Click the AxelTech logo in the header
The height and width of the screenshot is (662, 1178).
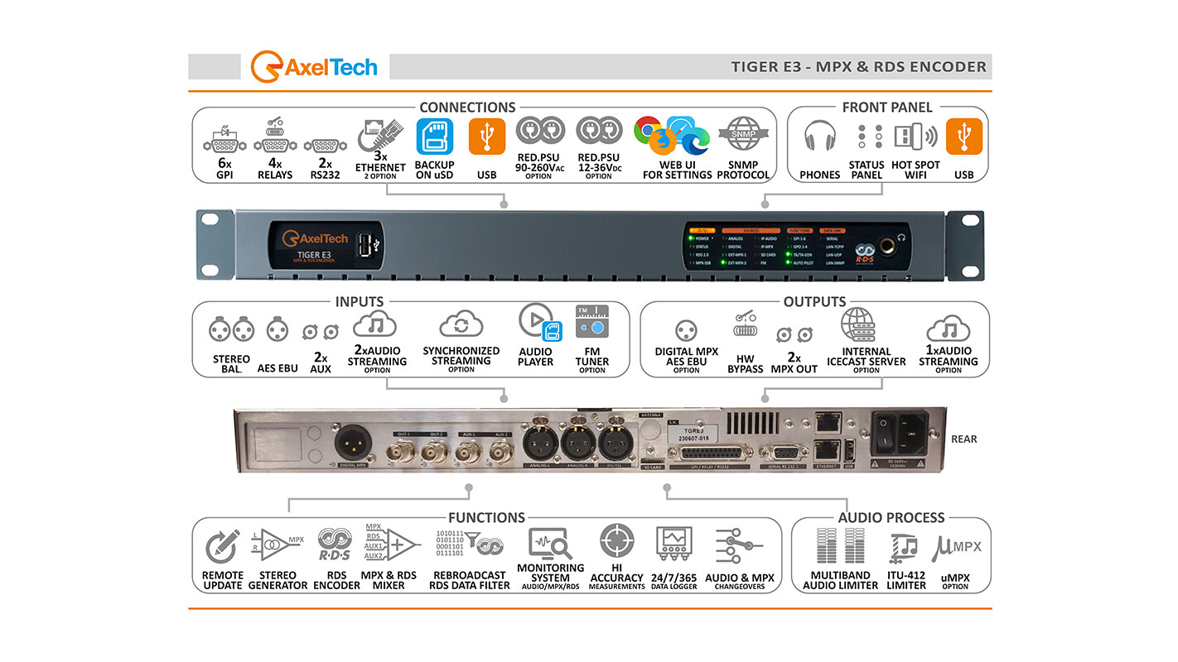(314, 66)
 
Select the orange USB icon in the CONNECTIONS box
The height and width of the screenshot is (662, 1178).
(486, 137)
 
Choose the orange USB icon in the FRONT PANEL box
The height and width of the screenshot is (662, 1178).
(963, 137)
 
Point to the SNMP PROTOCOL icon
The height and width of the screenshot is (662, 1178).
(743, 135)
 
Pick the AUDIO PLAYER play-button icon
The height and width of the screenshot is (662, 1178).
(534, 322)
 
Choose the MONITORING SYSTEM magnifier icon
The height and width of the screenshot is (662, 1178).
(551, 543)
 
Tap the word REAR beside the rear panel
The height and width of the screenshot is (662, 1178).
(963, 439)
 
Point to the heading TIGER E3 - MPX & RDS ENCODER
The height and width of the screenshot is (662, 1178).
(858, 67)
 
